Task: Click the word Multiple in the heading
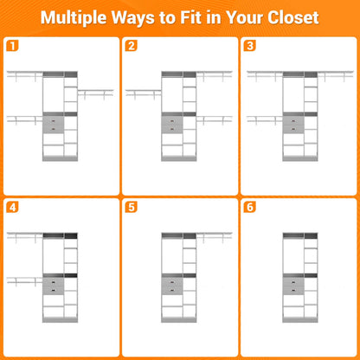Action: point(74,18)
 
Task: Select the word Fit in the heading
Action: point(192,17)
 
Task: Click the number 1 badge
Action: point(12,46)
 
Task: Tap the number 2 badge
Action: point(131,46)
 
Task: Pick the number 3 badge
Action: point(250,46)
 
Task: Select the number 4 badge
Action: point(12,207)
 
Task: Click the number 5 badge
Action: point(131,207)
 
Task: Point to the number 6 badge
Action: point(250,207)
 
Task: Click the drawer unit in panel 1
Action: point(53,125)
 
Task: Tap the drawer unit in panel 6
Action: point(293,286)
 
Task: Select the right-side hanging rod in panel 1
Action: point(95,93)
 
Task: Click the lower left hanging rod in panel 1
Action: point(25,119)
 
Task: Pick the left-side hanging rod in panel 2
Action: point(144,93)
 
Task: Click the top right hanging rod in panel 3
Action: point(336,75)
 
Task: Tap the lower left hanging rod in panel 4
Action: point(25,280)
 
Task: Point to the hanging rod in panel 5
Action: point(215,236)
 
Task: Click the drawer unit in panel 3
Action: point(293,125)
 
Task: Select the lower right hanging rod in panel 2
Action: point(215,119)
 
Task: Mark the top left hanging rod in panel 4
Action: point(25,236)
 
